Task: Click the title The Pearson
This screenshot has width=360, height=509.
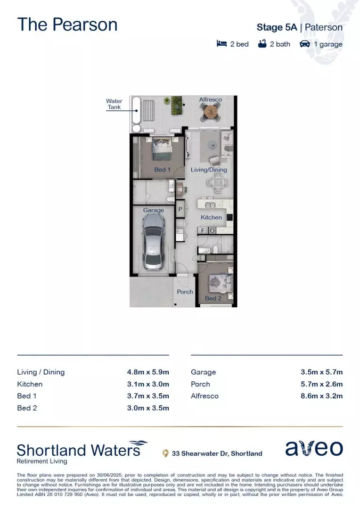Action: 67,25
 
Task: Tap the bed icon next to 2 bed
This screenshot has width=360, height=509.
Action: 221,44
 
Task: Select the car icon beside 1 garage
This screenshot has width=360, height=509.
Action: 304,44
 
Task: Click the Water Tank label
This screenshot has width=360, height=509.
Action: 114,104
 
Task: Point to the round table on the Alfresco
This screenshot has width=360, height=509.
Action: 210,112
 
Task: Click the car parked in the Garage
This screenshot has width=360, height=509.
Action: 153,241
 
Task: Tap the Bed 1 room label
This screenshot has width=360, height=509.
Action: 163,169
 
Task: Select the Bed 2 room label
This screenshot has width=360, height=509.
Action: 213,298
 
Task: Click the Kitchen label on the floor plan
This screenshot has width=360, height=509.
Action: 211,217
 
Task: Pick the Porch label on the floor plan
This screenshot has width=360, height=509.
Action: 185,292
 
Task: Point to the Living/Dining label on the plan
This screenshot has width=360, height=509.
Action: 209,170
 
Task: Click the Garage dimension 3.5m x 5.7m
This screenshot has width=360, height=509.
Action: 321,372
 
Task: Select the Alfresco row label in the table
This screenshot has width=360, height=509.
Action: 205,396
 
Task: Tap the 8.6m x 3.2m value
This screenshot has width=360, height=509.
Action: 321,396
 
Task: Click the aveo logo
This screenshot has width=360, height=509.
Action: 314,449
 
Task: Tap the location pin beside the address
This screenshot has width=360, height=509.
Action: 165,453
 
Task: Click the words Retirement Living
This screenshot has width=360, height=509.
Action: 42,461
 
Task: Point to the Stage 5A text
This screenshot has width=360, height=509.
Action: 277,27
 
